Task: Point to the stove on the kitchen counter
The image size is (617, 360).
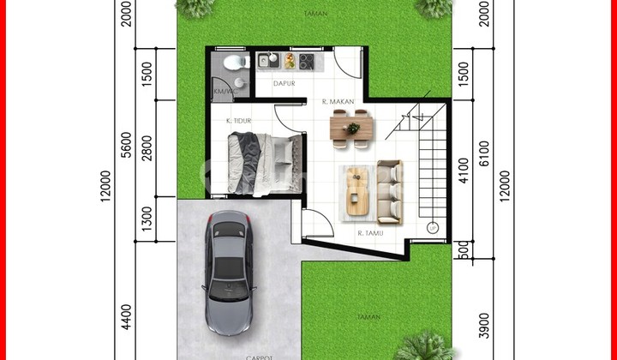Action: pyautogui.click(x=306, y=60)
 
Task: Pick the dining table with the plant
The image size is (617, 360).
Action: pyautogui.click(x=352, y=128)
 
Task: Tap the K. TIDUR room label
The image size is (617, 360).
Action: pyautogui.click(x=238, y=122)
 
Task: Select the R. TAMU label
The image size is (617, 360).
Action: pyautogui.click(x=369, y=231)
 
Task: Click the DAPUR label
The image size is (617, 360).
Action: pyautogui.click(x=285, y=84)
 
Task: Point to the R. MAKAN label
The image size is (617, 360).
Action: pyautogui.click(x=338, y=102)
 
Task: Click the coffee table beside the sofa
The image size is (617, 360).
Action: pyautogui.click(x=356, y=190)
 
